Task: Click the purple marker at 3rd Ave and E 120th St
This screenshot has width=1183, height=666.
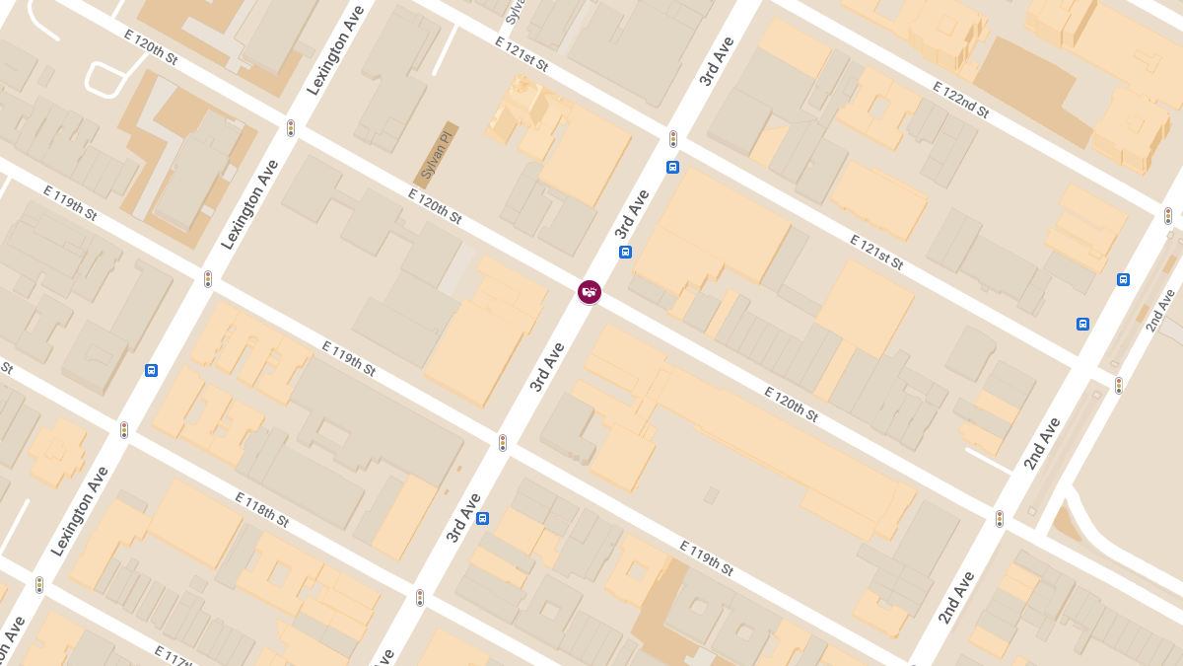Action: [x=590, y=291]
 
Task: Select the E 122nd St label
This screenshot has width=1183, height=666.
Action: [x=960, y=100]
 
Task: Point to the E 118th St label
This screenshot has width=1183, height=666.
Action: [x=261, y=509]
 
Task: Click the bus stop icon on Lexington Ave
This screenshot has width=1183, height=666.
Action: [x=151, y=370]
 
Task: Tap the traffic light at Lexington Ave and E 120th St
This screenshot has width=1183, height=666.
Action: [x=291, y=128]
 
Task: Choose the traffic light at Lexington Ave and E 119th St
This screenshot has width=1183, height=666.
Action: [x=208, y=279]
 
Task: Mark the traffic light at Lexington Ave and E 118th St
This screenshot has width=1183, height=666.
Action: [x=124, y=430]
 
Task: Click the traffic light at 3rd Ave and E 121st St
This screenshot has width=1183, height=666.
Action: [x=673, y=139]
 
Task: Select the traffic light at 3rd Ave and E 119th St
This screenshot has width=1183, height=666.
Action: [x=503, y=443]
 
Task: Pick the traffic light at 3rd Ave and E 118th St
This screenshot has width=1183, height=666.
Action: [x=420, y=598]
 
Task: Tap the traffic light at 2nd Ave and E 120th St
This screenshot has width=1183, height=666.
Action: [x=1000, y=518]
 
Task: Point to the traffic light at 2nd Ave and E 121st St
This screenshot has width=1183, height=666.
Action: [x=1118, y=385]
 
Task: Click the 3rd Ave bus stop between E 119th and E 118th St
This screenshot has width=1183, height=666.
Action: [x=482, y=518]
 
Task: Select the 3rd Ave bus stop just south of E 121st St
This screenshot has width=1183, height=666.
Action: [x=672, y=167]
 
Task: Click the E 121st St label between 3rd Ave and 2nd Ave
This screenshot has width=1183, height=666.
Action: [x=876, y=252]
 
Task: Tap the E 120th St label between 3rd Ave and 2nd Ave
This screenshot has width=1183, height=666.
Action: [x=792, y=405]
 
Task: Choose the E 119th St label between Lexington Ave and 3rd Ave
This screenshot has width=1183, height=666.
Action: [x=349, y=358]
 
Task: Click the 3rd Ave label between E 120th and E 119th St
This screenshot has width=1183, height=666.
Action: [x=547, y=367]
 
